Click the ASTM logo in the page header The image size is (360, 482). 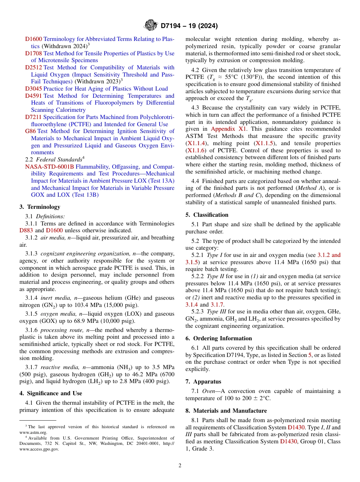click(151, 26)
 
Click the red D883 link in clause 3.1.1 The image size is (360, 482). click(27, 230)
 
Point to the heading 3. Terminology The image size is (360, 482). click(40, 207)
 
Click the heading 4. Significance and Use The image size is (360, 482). click(50, 393)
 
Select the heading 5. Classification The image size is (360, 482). click(207, 215)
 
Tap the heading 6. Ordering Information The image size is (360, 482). click(219, 338)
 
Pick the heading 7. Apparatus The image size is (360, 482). click(203, 382)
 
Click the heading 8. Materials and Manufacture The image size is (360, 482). click(226, 411)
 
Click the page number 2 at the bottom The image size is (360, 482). click(180, 466)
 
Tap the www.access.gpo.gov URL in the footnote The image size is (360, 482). click(39, 449)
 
